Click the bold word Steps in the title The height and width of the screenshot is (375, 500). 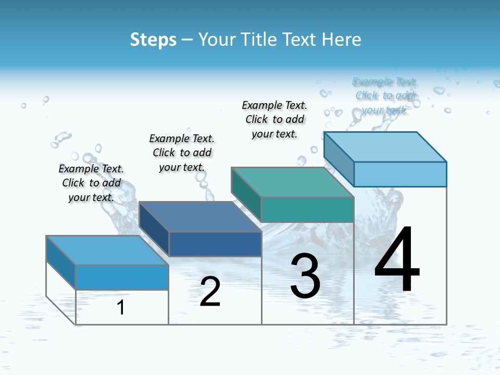tap(153, 40)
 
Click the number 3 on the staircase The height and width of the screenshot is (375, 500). tap(305, 276)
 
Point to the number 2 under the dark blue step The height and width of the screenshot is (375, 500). tap(210, 292)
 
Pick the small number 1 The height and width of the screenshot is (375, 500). tap(121, 307)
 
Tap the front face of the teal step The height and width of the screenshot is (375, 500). tap(307, 210)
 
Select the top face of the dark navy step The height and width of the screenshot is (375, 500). tap(201, 217)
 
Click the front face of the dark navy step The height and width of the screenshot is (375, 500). tap(215, 244)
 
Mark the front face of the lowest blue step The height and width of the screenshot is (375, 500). tap(122, 277)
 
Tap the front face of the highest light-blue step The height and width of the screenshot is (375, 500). tap(400, 174)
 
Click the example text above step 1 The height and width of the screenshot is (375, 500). tap(91, 183)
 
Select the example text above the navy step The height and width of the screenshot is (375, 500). tap(182, 153)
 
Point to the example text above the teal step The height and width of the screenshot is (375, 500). tap(274, 119)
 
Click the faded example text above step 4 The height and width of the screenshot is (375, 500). tap(384, 95)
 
